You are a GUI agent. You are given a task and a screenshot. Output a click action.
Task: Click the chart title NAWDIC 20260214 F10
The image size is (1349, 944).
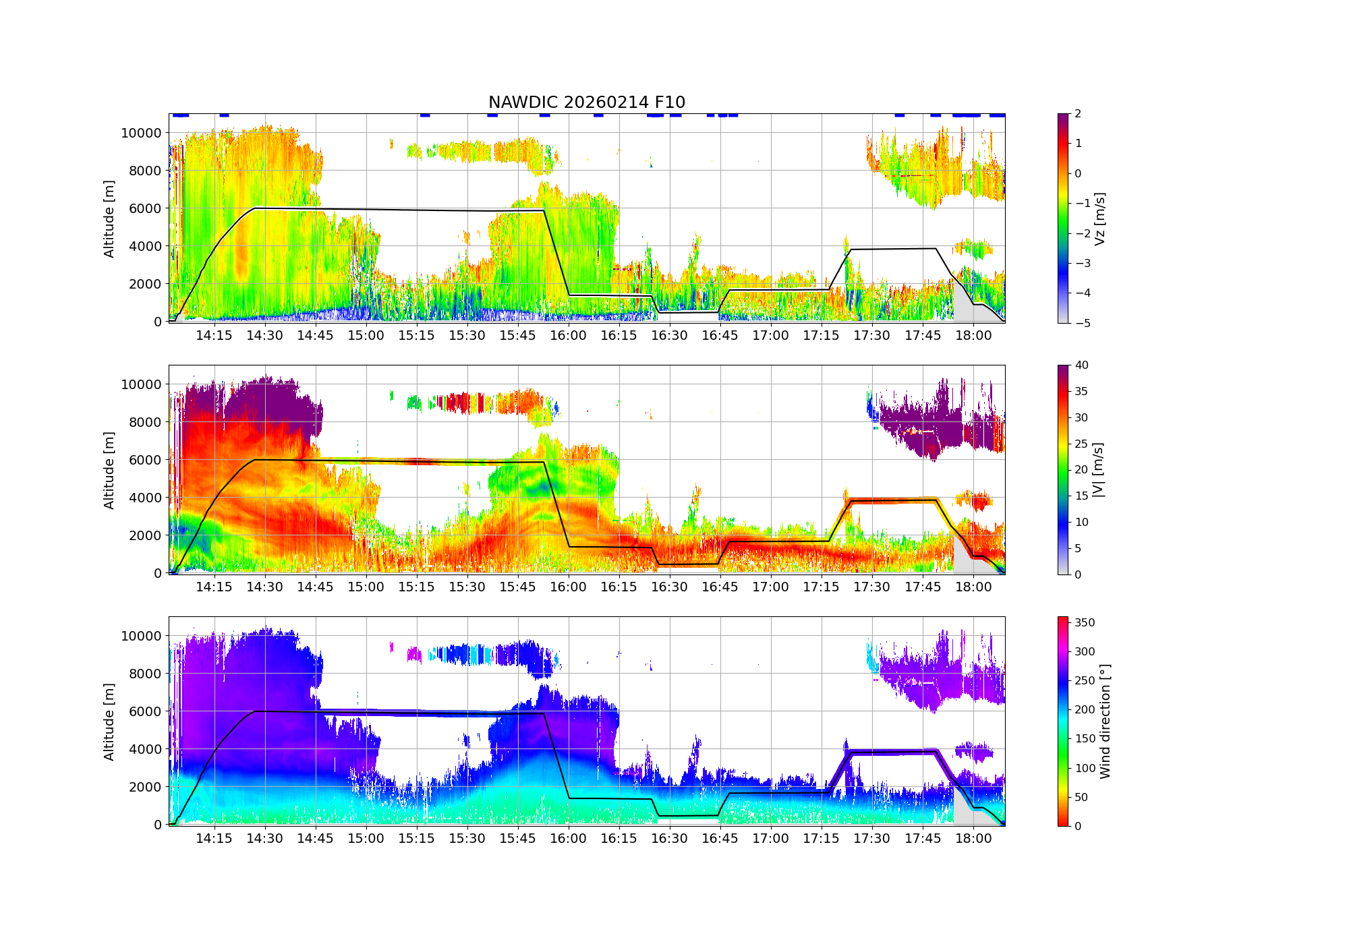tap(586, 102)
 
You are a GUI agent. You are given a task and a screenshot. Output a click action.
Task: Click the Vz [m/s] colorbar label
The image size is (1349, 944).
tap(1099, 218)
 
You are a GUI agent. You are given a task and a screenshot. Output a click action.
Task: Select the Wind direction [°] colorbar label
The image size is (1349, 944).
tap(1104, 721)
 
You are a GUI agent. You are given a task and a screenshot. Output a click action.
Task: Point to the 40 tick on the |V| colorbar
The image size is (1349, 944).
tap(1081, 365)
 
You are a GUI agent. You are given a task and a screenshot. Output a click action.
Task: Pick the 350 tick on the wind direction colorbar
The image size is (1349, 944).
tap(1085, 622)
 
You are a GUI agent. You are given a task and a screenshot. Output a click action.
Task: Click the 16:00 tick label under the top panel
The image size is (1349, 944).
tap(568, 336)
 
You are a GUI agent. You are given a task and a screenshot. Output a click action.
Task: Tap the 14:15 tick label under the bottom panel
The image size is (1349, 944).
tap(214, 839)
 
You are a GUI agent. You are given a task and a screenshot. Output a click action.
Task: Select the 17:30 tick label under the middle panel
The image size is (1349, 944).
tap(871, 587)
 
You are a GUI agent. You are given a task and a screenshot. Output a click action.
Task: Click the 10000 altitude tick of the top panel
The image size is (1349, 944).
tap(141, 133)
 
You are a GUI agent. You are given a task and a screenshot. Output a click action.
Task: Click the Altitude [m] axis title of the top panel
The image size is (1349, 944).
tap(109, 218)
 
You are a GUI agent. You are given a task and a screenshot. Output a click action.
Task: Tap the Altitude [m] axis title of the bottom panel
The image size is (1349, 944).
tap(109, 721)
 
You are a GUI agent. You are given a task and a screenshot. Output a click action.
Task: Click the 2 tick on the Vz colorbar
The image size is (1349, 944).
tap(1078, 114)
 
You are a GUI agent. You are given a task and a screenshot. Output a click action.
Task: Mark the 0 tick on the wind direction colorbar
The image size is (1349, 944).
tap(1078, 826)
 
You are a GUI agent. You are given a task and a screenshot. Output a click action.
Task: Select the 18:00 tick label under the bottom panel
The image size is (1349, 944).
tap(973, 839)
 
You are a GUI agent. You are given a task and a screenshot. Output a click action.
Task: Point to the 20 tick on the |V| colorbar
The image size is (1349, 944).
tap(1081, 470)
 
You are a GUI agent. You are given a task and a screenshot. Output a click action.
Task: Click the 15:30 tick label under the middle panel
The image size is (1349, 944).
tap(467, 587)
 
